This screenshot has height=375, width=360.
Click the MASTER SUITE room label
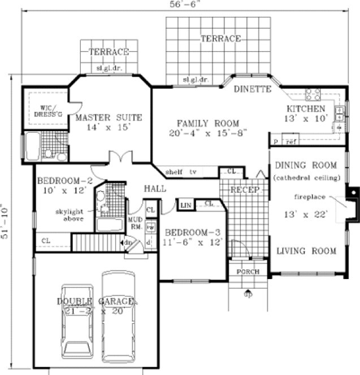[x=109, y=117]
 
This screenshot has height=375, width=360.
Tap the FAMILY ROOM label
[x=207, y=123]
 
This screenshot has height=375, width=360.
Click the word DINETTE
[x=253, y=89]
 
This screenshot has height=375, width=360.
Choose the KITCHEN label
[x=305, y=108]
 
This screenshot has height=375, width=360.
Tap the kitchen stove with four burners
[x=313, y=93]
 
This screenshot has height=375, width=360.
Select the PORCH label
[x=248, y=272]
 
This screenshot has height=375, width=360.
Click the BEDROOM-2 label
[x=64, y=181]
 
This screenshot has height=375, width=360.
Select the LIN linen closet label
[x=185, y=204]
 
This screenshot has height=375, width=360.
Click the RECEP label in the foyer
[x=244, y=190]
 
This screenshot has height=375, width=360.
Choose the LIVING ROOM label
[x=306, y=251]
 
